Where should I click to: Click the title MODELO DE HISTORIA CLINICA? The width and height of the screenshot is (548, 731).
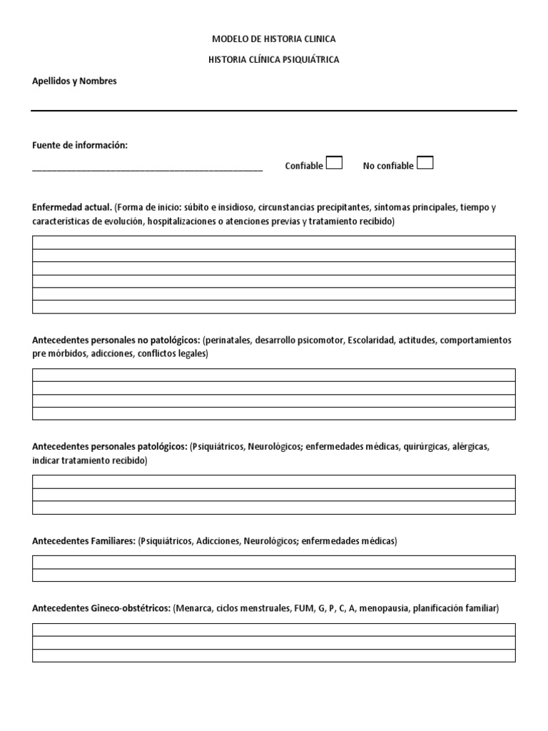(x=274, y=39)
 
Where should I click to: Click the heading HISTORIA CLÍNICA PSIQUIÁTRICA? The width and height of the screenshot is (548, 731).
(x=274, y=60)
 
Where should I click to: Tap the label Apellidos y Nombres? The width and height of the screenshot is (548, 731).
(x=74, y=81)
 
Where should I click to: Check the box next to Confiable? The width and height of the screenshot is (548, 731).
(x=334, y=163)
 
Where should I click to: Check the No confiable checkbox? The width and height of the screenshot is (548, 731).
(x=425, y=163)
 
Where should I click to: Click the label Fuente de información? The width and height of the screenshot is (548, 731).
(x=80, y=146)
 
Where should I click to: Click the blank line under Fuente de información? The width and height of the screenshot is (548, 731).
(x=147, y=168)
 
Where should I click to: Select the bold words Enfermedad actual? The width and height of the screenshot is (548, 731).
(x=71, y=208)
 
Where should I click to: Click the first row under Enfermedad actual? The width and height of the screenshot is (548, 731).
(x=273, y=243)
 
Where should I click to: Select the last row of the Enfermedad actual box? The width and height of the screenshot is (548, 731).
(x=273, y=307)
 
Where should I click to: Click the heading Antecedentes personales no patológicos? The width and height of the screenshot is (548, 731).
(x=116, y=341)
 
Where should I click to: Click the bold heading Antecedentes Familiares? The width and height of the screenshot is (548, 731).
(x=83, y=541)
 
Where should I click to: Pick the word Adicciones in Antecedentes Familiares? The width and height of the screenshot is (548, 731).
(x=218, y=541)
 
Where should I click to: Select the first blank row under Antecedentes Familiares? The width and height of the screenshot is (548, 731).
(x=273, y=563)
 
